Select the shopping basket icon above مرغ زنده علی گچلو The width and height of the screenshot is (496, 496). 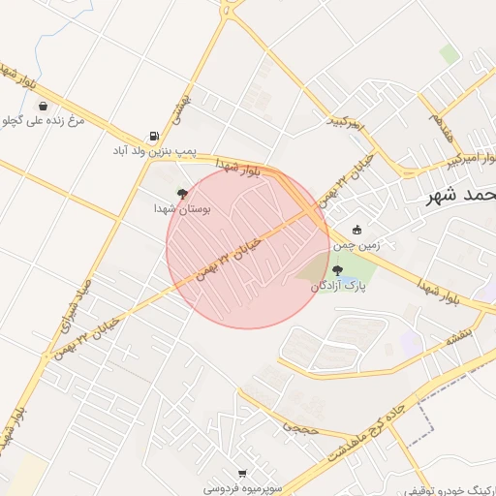pos(45,107)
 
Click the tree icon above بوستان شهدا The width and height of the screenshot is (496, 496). pos(182,193)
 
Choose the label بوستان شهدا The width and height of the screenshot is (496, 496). pos(183,207)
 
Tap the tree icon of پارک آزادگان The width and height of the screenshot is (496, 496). pos(336,271)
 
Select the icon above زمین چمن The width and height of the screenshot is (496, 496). pos(357,231)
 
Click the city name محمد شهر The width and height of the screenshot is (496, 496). pos(461,195)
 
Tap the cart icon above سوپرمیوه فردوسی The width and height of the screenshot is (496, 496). pos(241,475)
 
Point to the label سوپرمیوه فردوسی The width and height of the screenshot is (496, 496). pos(242,488)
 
